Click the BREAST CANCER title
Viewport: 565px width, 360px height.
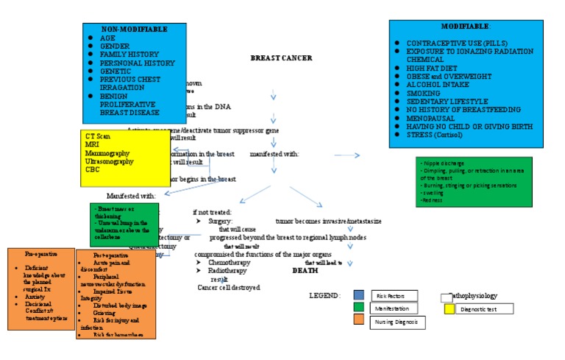coord(281,58)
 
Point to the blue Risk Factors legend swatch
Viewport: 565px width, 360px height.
coord(358,295)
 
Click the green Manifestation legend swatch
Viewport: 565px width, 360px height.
coord(358,308)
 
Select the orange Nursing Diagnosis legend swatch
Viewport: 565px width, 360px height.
coord(358,322)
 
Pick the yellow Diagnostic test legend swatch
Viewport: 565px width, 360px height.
coord(449,309)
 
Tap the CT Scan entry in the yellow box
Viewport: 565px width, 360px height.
coord(98,137)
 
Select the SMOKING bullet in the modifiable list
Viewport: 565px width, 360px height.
coord(423,94)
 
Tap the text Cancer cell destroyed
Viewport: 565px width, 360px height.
coord(229,288)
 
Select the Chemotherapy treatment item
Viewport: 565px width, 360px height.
coord(230,262)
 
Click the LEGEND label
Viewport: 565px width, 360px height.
coord(324,296)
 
